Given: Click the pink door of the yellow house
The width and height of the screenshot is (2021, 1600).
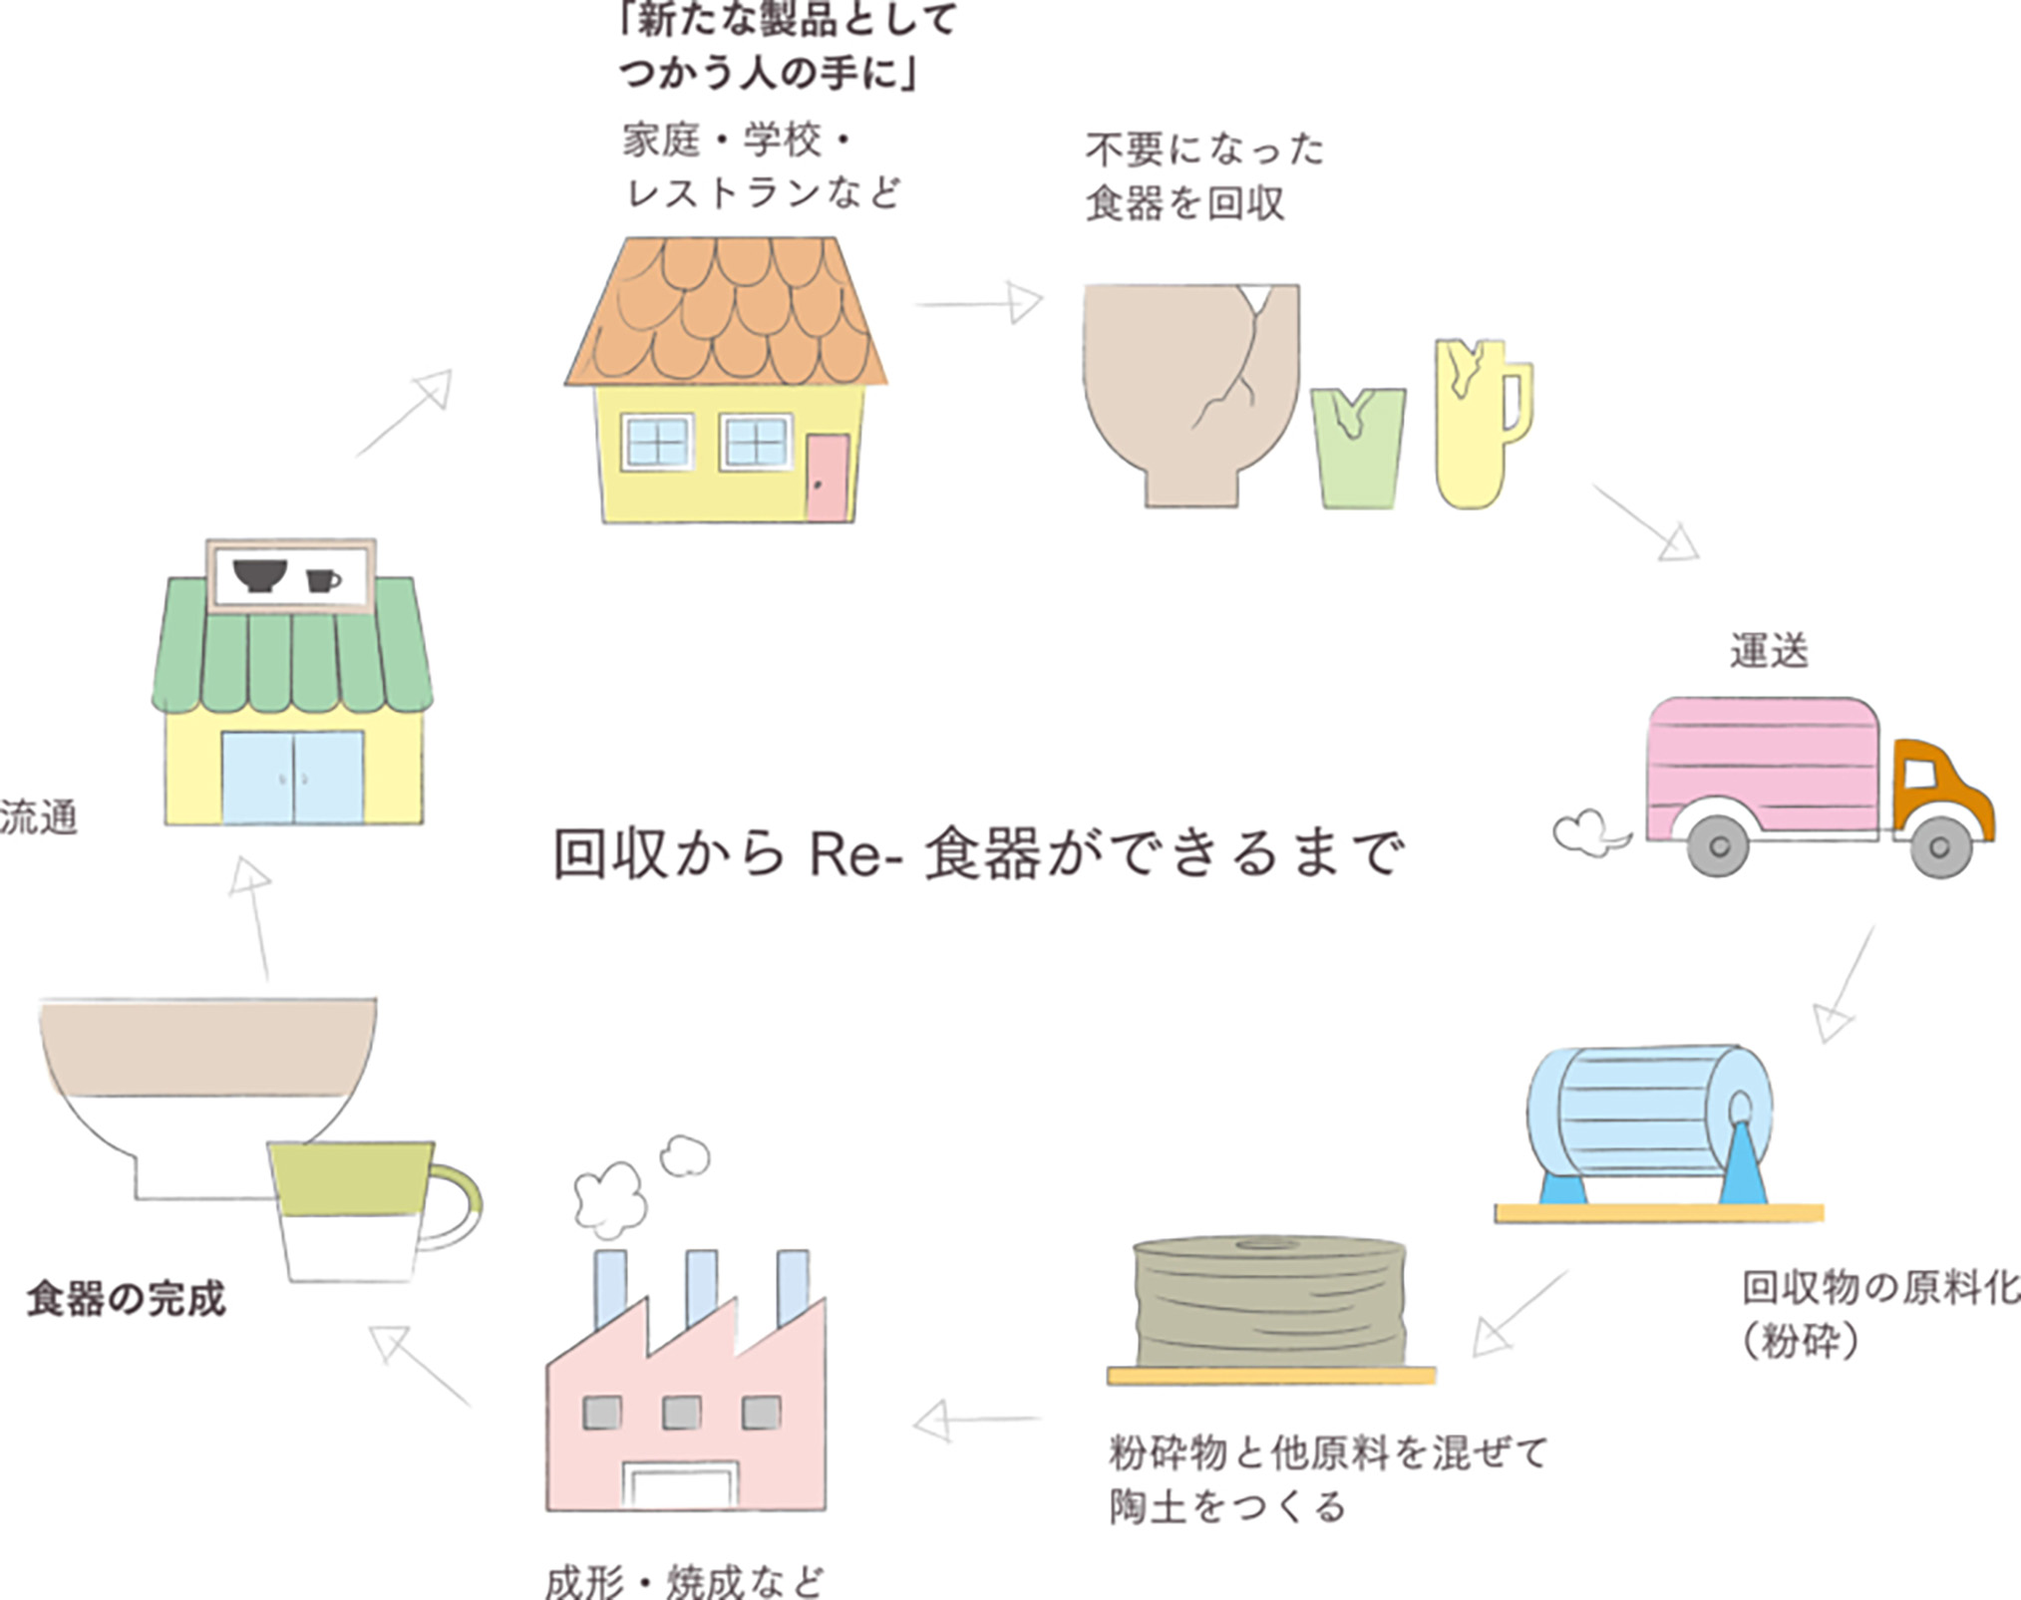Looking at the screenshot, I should (x=828, y=477).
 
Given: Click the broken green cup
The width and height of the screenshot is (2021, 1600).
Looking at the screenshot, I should (x=1358, y=449).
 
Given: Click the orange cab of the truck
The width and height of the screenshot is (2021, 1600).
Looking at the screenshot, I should (x=1939, y=788).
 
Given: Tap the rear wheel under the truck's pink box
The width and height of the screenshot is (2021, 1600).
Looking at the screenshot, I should (x=1719, y=846).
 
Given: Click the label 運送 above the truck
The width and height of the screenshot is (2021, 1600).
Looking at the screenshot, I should (x=1769, y=651).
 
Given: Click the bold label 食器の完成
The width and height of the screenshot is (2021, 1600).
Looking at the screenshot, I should (x=127, y=1299).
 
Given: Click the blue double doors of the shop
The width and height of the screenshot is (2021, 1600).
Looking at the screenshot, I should (x=292, y=778).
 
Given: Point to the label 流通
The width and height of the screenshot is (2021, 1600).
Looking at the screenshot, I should (x=38, y=817).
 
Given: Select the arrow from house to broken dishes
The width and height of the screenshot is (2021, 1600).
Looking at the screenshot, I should (x=979, y=302).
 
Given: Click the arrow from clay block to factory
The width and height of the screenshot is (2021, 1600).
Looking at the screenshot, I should (x=977, y=1420).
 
